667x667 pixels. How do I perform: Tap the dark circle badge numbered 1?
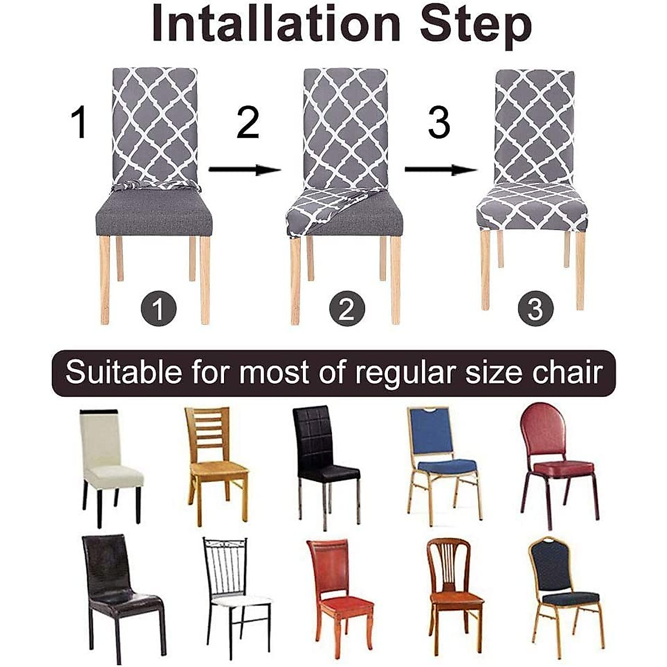(x=158, y=309)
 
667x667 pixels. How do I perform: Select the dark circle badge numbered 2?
(x=347, y=309)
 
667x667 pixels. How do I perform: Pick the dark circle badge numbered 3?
(x=535, y=309)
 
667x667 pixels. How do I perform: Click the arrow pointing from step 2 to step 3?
(x=440, y=170)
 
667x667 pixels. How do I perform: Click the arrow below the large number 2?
(x=245, y=170)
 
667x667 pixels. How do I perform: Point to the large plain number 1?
(x=80, y=123)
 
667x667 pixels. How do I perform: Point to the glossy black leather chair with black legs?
(x=120, y=595)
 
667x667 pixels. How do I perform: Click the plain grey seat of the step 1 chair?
(x=154, y=214)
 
